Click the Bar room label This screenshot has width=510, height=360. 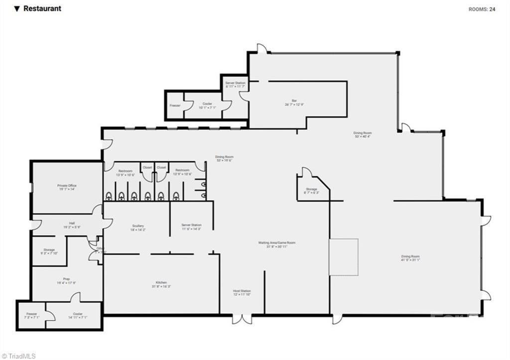pos(294,102)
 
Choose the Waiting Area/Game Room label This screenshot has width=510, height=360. pos(277,243)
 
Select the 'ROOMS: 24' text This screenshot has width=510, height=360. pos(482,9)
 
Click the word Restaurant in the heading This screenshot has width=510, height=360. pos(42,8)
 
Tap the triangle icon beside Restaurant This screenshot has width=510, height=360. pos(17,8)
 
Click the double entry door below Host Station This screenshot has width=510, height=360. pos(242,319)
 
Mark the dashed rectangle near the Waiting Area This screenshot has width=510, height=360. pos(344,257)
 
